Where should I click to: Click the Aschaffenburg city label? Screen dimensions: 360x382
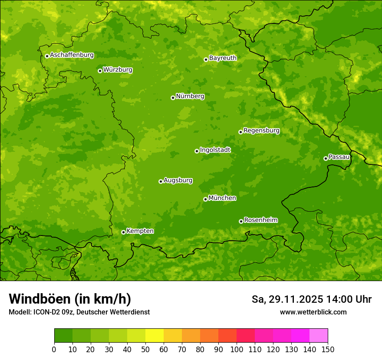72,55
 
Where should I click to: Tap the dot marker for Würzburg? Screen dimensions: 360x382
100,71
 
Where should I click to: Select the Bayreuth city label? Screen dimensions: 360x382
223,58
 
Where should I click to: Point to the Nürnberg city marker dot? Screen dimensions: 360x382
173,98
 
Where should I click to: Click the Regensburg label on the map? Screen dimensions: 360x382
261,130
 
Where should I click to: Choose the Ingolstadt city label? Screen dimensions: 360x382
215,150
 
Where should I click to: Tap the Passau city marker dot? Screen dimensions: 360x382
326,158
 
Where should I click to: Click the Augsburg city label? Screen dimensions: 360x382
178,180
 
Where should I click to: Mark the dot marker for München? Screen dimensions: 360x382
205,199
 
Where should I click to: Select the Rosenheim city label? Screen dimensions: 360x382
260,220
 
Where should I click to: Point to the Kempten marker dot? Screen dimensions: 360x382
123,232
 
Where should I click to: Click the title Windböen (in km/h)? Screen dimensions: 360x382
70,299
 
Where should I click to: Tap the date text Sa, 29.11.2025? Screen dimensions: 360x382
287,299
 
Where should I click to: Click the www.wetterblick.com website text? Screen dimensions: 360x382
313,312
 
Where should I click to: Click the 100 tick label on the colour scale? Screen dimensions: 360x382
237,349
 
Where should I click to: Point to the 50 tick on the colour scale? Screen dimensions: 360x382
145,349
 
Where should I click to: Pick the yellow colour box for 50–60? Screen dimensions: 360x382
155,336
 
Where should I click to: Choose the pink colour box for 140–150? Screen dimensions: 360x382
319,336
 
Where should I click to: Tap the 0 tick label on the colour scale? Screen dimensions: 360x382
54,349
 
